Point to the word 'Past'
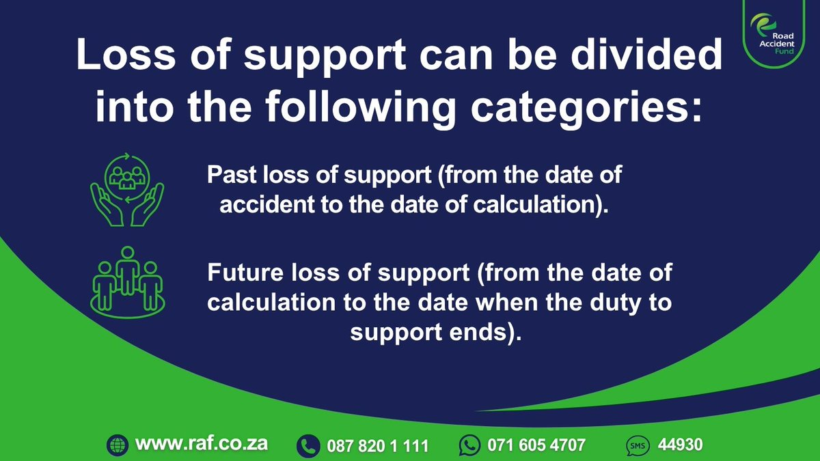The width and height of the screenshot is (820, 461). point(233,176)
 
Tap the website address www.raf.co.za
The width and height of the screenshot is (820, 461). point(202,443)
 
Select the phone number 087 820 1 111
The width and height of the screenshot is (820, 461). point(378,446)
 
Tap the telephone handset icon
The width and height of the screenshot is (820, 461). point(308,446)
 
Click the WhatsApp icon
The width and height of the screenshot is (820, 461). point(469,446)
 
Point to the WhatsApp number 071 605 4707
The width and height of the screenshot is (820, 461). point(536,445)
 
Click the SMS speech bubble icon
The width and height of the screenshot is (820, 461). point(638,446)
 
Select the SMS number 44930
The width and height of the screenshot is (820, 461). point(681,445)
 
